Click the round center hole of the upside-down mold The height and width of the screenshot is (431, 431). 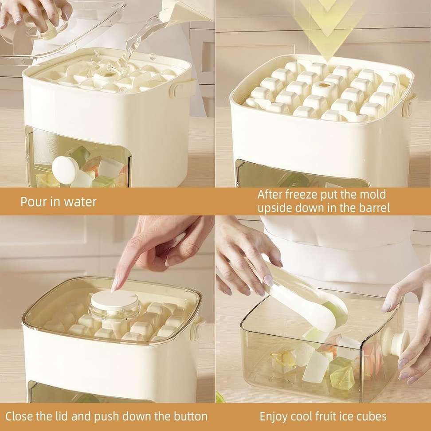[324, 85]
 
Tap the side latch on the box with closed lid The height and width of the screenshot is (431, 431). [196, 328]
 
